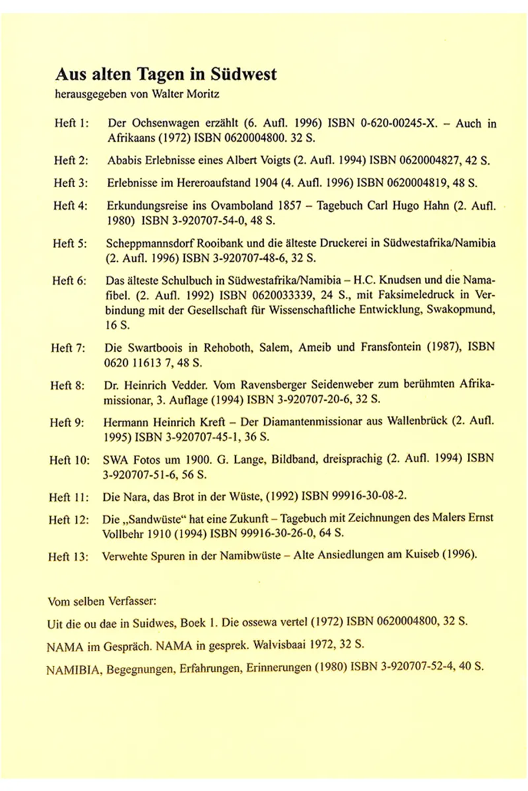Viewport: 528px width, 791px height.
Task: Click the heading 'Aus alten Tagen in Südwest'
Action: [x=165, y=74]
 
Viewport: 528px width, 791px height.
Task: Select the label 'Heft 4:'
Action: [x=72, y=205]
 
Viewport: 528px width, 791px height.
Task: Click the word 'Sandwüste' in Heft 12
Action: [x=151, y=519]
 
